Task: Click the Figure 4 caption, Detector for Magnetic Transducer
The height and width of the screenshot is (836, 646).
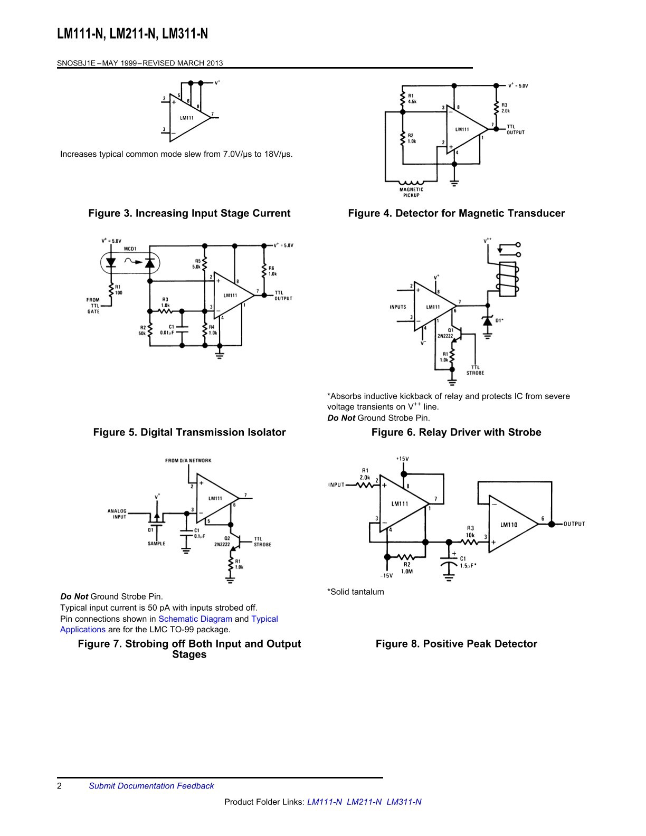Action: (x=457, y=213)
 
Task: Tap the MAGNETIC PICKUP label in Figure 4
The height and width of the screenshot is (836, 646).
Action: (x=411, y=192)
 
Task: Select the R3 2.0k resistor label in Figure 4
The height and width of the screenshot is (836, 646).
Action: (x=506, y=108)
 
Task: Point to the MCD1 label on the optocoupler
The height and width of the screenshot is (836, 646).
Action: (x=130, y=249)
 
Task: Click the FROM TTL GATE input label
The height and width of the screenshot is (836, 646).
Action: (x=93, y=306)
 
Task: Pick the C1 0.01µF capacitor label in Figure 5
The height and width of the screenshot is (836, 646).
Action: (x=167, y=330)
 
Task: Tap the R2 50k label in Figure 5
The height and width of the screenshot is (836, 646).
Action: (x=142, y=330)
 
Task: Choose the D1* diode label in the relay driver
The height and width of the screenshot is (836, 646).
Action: (x=499, y=320)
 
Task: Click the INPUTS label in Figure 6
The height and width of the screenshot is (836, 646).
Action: (x=398, y=307)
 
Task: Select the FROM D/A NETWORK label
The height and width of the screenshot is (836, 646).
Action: (x=188, y=461)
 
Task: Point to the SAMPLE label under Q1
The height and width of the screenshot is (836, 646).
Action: (x=156, y=544)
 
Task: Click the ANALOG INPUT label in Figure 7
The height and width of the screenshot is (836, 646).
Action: (x=117, y=514)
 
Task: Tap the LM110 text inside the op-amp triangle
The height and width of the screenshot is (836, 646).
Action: (x=509, y=525)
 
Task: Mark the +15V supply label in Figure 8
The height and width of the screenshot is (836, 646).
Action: (x=403, y=459)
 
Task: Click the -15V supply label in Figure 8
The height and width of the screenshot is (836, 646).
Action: (x=387, y=576)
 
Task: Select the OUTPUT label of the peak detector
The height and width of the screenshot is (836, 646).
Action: (x=574, y=524)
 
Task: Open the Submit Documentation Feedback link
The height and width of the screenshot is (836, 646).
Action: (x=151, y=786)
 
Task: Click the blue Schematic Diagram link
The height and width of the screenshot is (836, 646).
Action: (x=195, y=619)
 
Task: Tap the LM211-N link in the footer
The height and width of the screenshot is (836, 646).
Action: (x=364, y=802)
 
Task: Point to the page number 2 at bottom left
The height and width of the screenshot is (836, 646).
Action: (x=59, y=786)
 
